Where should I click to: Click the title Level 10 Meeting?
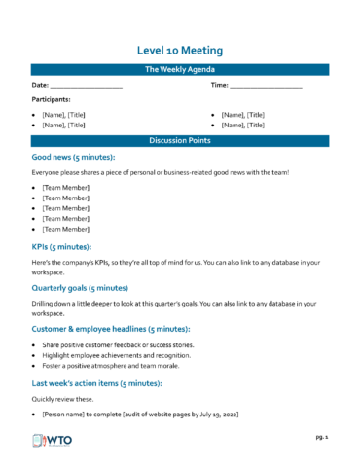[180, 50]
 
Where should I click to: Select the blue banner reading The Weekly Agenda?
[180, 70]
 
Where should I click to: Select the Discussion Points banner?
[180, 141]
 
